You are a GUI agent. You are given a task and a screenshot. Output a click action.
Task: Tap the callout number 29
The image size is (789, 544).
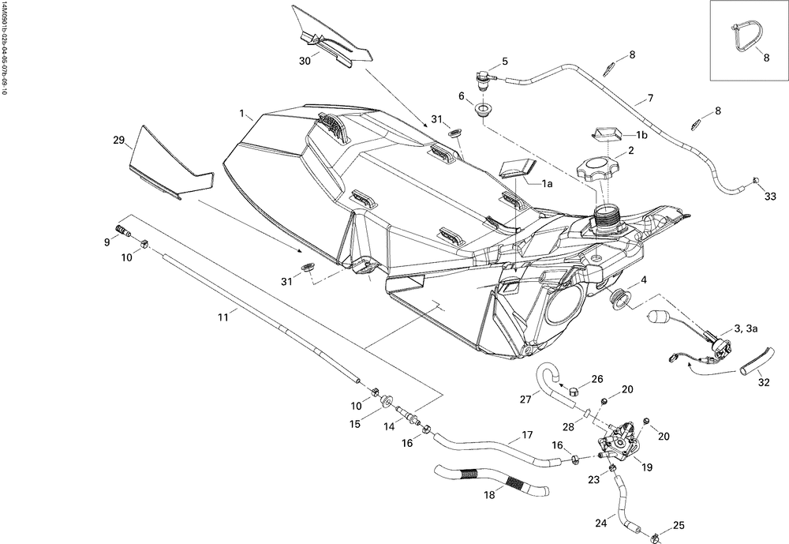coord(119,140)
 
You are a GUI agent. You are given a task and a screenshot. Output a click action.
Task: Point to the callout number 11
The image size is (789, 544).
coord(222,317)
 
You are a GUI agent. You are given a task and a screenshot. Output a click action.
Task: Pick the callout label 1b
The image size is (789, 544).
coord(641,135)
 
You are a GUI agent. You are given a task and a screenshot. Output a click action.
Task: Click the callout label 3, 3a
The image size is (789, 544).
coord(746,329)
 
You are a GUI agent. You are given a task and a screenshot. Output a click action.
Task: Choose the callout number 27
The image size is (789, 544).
coord(525,400)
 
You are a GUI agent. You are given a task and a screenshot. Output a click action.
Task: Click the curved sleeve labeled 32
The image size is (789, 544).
coord(757,360)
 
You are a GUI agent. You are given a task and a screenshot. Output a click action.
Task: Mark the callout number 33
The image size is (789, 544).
coord(770,197)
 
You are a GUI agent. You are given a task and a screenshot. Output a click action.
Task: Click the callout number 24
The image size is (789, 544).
coord(601,523)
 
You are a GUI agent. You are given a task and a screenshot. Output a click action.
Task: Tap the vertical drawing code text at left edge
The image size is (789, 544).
coord(5,48)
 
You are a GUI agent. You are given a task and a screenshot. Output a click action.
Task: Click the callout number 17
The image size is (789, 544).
coord(527,435)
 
